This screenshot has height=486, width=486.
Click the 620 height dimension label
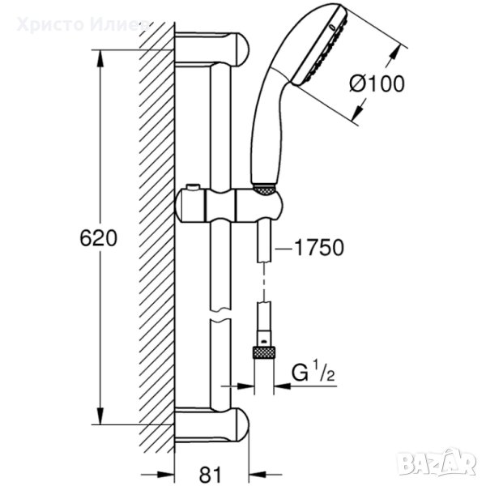click(99, 238)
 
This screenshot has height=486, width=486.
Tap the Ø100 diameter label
click(377, 83)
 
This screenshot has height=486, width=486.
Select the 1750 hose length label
click(319, 248)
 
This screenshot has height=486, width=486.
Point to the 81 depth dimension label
click(211, 474)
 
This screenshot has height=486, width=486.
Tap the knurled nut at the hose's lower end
click(264, 352)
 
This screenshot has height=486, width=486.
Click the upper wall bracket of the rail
click(212, 49)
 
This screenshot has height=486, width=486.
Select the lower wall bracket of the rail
click(212, 424)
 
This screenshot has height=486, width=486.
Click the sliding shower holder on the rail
click(229, 206)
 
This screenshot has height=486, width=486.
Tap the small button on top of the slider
click(192, 187)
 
